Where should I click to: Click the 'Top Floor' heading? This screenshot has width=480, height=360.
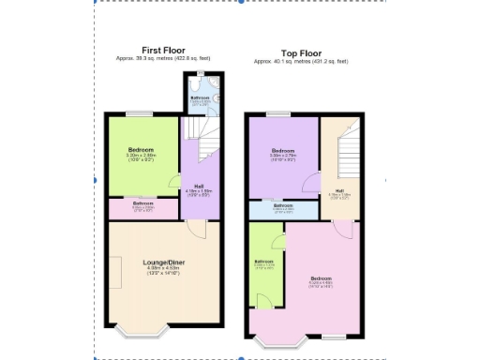301,53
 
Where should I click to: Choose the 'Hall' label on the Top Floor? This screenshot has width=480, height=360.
338,191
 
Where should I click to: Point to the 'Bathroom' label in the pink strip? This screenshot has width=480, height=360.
142,203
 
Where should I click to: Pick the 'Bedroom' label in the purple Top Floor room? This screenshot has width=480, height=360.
283,150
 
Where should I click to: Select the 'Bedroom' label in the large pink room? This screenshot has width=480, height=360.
321,279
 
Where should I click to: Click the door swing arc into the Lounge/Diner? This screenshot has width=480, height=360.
195,229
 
